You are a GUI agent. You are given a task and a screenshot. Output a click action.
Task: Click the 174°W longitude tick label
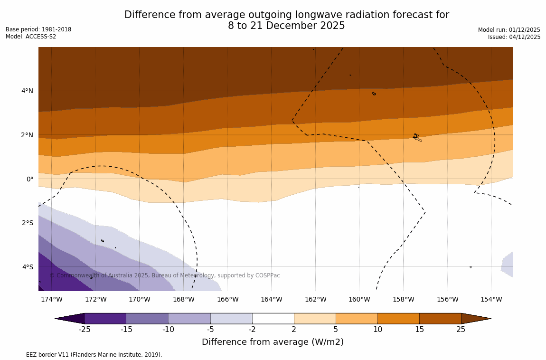pos(51,299)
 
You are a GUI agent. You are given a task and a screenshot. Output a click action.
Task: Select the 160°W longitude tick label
pos(359,299)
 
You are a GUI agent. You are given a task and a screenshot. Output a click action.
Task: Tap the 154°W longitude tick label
pos(491,299)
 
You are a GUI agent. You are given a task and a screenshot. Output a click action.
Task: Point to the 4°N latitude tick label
pos(27,91)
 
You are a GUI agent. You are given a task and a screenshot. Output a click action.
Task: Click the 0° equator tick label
pos(29,179)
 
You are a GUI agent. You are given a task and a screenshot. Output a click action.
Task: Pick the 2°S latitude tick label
pos(27,223)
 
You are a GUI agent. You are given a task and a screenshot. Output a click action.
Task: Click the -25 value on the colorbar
pos(85,330)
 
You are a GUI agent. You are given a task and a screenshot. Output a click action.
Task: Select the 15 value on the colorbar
pos(419,330)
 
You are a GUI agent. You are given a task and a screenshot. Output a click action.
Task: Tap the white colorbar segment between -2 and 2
pos(273,318)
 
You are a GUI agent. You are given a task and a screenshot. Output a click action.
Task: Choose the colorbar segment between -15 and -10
pos(147,318)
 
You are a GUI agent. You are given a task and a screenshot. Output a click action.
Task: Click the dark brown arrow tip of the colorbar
pos(476,318)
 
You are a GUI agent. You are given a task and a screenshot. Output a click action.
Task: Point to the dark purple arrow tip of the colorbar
pos(70,318)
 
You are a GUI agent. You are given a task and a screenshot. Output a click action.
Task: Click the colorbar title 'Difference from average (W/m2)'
pos(273,342)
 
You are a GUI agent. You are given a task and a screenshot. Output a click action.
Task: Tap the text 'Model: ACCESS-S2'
pos(31,37)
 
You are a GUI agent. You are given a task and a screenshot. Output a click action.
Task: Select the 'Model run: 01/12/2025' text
pos(509,29)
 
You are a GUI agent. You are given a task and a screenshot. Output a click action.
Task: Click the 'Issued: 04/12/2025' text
pos(514,37)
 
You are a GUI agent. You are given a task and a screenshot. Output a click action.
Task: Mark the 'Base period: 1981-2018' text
pos(38,29)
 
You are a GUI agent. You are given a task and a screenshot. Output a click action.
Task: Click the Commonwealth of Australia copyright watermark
pos(165,275)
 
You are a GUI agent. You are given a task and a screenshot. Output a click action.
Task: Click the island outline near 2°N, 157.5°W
pos(416,137)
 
